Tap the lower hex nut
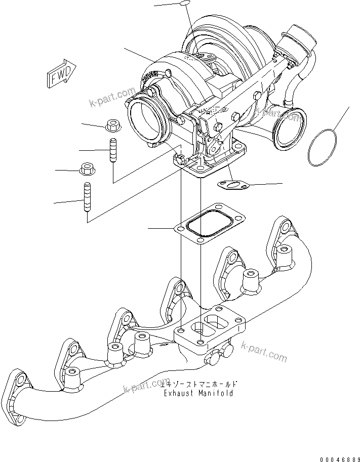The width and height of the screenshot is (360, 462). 87,169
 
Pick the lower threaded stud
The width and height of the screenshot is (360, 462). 87,198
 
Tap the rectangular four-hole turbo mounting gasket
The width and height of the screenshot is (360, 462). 202,223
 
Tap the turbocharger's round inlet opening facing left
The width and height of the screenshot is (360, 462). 147,121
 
